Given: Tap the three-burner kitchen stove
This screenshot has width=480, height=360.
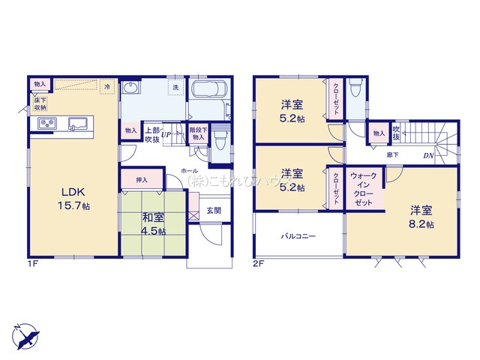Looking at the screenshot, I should [x=47, y=124].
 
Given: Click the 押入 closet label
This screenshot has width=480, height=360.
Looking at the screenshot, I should [x=142, y=181].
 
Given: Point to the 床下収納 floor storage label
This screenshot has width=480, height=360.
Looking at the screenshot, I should [x=40, y=103].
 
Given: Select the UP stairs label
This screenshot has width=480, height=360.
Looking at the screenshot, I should [x=166, y=135].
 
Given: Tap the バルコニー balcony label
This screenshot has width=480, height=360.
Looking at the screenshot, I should [x=298, y=235].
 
